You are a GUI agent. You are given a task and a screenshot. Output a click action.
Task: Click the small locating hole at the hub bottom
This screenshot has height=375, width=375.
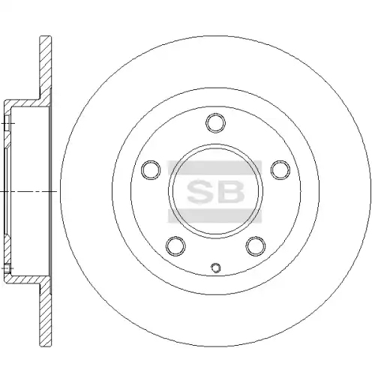click(x=216, y=268)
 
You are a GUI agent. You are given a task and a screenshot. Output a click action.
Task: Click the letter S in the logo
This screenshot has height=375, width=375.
click(x=201, y=191)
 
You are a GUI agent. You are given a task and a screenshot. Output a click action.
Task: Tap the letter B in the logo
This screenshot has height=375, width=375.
click(x=230, y=191)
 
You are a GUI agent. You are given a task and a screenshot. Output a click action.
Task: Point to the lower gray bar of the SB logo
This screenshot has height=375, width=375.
click(x=214, y=216)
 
